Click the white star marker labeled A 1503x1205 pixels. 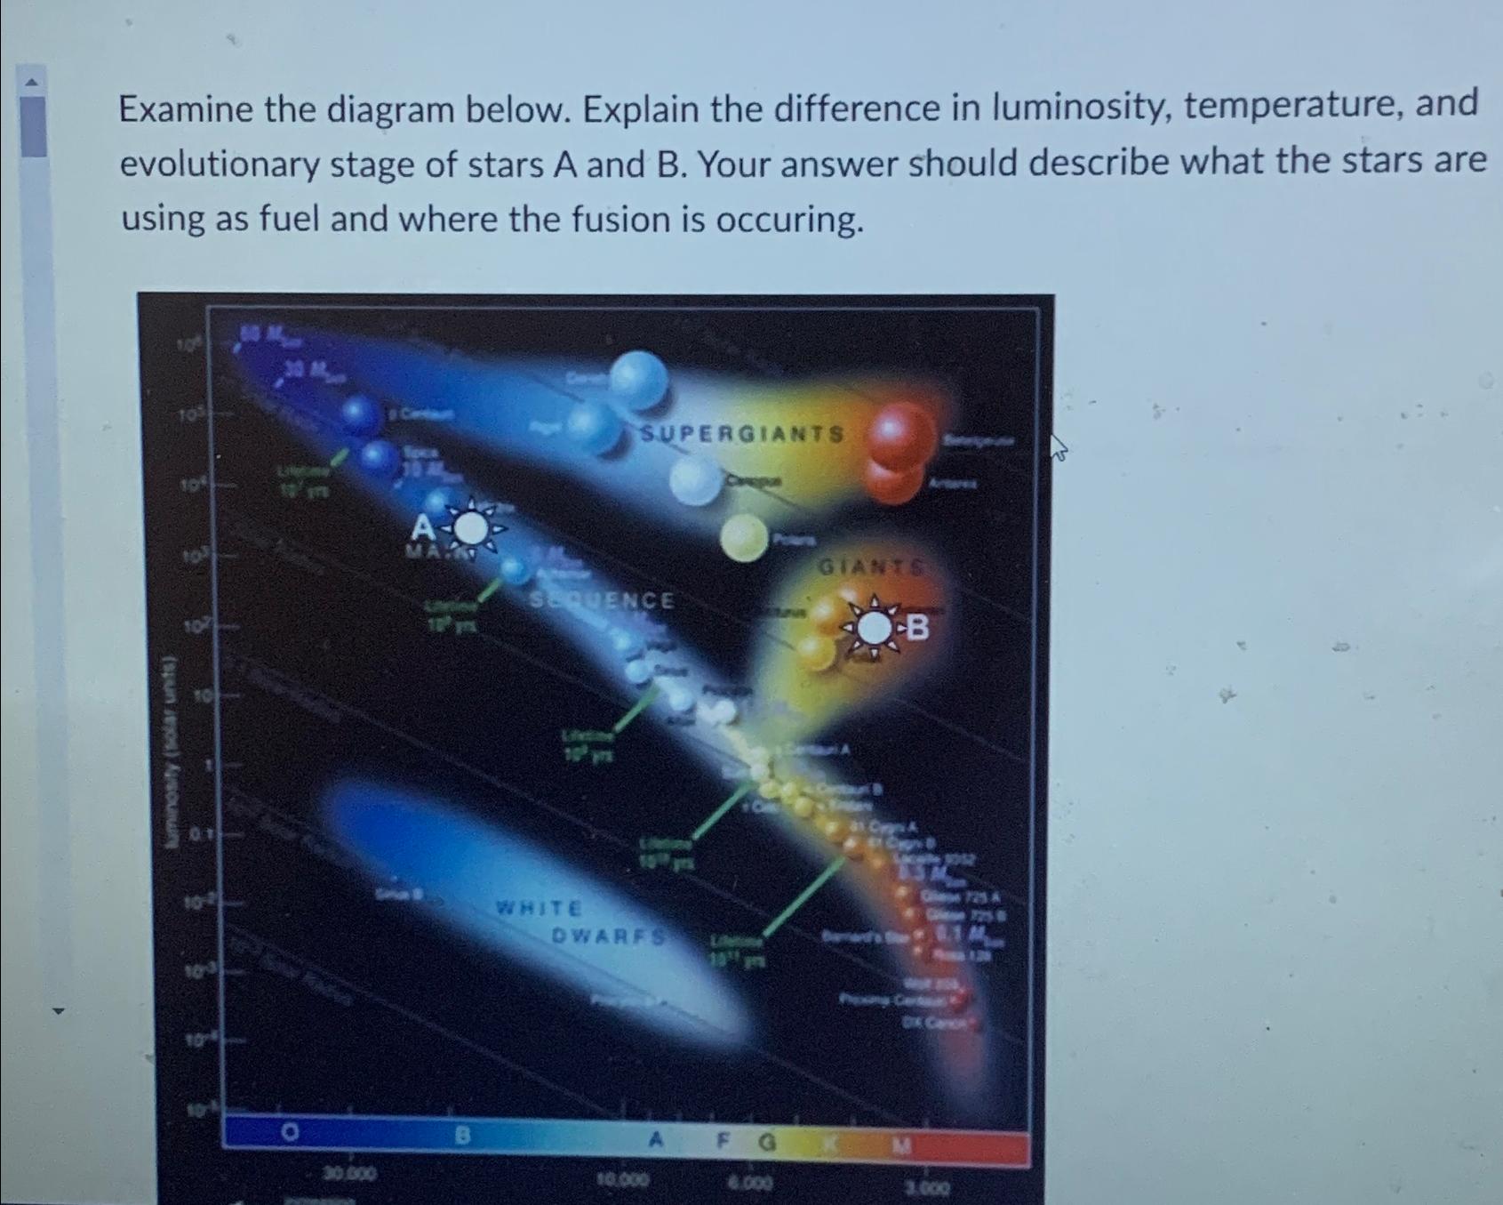click(x=471, y=528)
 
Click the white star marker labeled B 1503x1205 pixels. click(x=876, y=629)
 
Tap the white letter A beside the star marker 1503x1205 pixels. click(x=423, y=529)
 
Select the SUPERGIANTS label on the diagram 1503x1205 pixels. click(x=742, y=434)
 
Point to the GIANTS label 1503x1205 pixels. click(x=870, y=566)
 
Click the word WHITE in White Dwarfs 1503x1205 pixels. click(x=540, y=908)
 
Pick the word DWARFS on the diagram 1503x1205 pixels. click(x=609, y=936)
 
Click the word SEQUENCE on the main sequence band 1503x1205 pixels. click(x=603, y=600)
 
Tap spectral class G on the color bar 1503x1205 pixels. click(x=768, y=1141)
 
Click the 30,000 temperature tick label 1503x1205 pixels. click(x=349, y=1174)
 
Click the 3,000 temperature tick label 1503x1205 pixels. click(x=927, y=1187)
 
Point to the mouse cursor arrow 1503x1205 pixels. click(x=1058, y=446)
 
